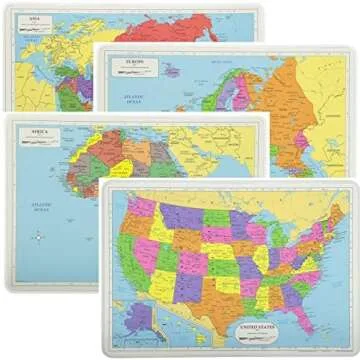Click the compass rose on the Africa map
(37, 238)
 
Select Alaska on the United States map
(144, 318)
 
